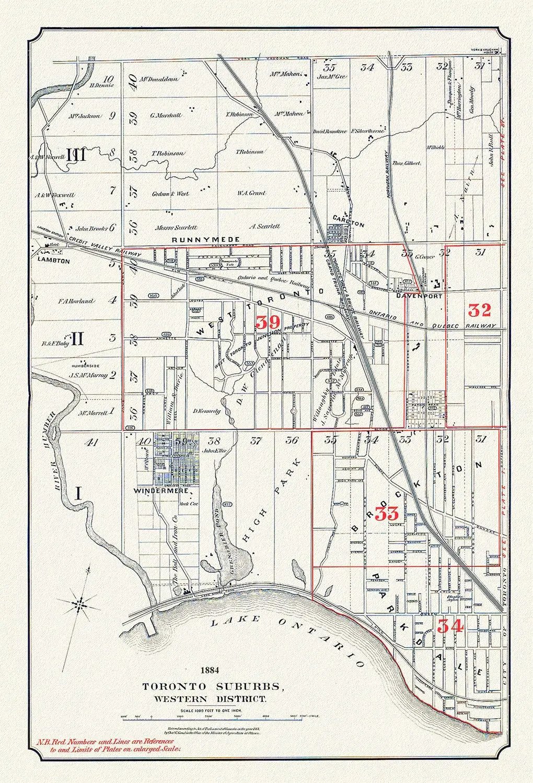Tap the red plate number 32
tap(479, 310)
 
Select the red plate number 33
tap(388, 514)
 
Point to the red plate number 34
tap(450, 625)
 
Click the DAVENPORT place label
tap(415, 295)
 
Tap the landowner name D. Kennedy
tap(207, 411)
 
